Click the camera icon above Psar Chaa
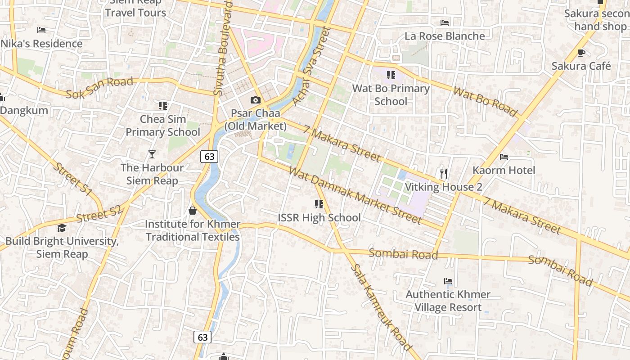[x=256, y=100]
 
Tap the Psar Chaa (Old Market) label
[x=255, y=120]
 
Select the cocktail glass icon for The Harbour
[x=152, y=154]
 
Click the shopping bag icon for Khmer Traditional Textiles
[x=193, y=211]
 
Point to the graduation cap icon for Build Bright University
[x=62, y=228]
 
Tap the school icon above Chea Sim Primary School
[x=162, y=106]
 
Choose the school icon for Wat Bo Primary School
[x=391, y=75]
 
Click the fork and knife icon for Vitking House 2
[x=444, y=173]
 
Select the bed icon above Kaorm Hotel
[x=504, y=157]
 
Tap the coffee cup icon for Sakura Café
[x=581, y=53]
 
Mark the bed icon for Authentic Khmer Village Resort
[x=448, y=281]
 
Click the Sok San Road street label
[x=99, y=88]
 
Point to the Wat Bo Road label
[x=485, y=101]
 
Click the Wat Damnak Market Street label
[x=355, y=195]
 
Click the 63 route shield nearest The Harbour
[x=209, y=156]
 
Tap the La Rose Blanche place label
[x=445, y=36]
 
